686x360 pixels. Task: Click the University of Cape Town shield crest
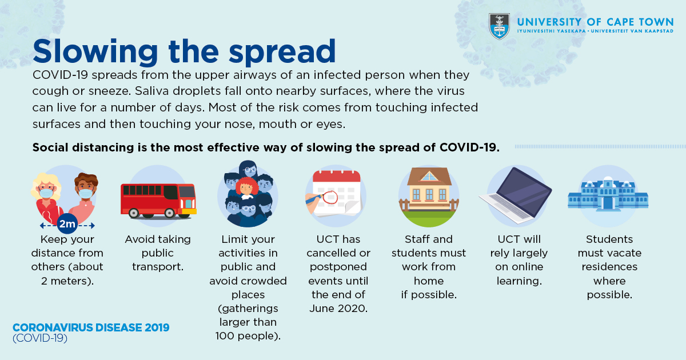499,26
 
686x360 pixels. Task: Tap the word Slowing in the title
95,52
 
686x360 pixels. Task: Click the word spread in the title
282,52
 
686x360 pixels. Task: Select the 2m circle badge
67,224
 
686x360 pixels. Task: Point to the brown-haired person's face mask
85,194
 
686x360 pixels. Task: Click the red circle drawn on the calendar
330,197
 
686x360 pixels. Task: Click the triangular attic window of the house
429,177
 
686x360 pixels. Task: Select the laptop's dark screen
524,191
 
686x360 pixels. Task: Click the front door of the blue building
608,203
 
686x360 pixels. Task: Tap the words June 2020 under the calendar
338,308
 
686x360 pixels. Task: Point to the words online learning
519,274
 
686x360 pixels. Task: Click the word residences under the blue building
609,267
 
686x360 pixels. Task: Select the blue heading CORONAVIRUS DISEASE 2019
91,327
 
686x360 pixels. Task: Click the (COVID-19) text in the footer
40,338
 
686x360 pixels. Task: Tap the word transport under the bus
157,267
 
